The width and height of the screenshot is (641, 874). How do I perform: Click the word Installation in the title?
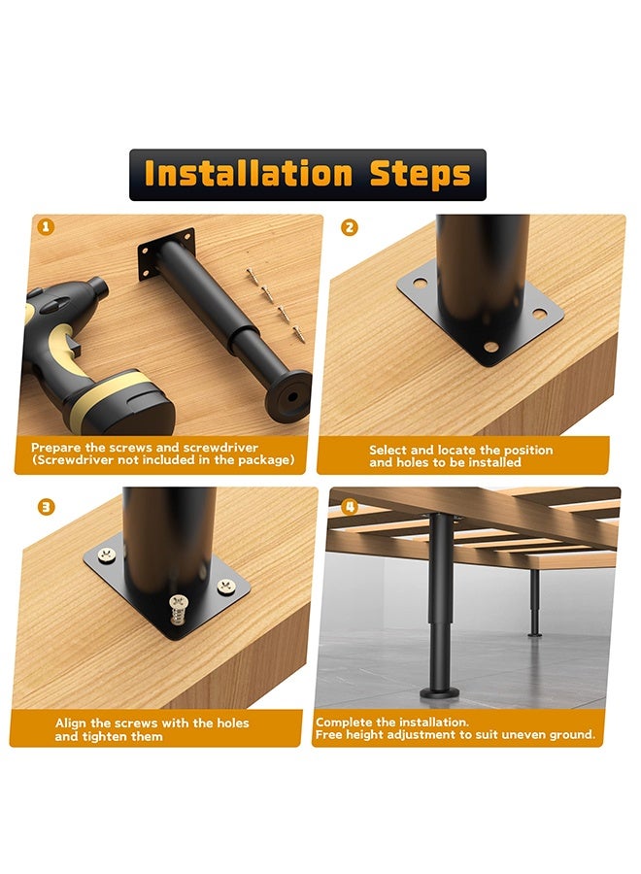pyautogui.click(x=248, y=174)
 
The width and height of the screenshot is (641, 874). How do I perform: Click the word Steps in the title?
pyautogui.click(x=421, y=175)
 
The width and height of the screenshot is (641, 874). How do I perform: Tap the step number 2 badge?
pyautogui.click(x=349, y=227)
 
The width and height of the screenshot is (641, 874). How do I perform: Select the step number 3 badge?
pyautogui.click(x=46, y=507)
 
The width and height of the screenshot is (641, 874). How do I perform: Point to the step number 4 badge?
pyautogui.click(x=349, y=507)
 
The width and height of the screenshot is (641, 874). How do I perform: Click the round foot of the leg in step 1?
pyautogui.click(x=288, y=396)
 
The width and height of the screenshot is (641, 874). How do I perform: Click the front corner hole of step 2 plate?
pyautogui.click(x=490, y=347)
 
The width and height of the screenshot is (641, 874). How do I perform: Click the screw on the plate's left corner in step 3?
pyautogui.click(x=107, y=555)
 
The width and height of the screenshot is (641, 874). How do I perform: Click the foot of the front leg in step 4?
pyautogui.click(x=440, y=692)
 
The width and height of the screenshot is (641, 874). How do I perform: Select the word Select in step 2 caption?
pyautogui.click(x=388, y=450)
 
